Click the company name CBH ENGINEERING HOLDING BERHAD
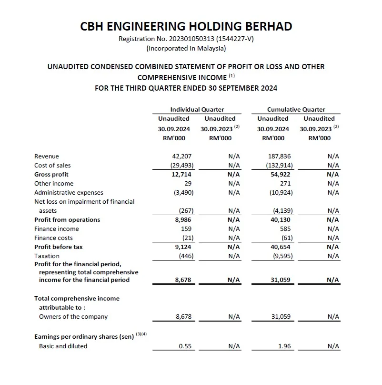[186, 27]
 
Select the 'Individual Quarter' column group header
[197, 109]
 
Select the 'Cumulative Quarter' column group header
[296, 109]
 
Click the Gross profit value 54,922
[281, 174]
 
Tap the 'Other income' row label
[54, 183]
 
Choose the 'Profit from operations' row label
[67, 219]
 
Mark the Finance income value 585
[285, 229]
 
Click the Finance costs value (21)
[187, 238]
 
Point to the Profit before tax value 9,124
[183, 247]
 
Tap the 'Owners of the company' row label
[73, 316]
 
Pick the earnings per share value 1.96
[284, 346]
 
